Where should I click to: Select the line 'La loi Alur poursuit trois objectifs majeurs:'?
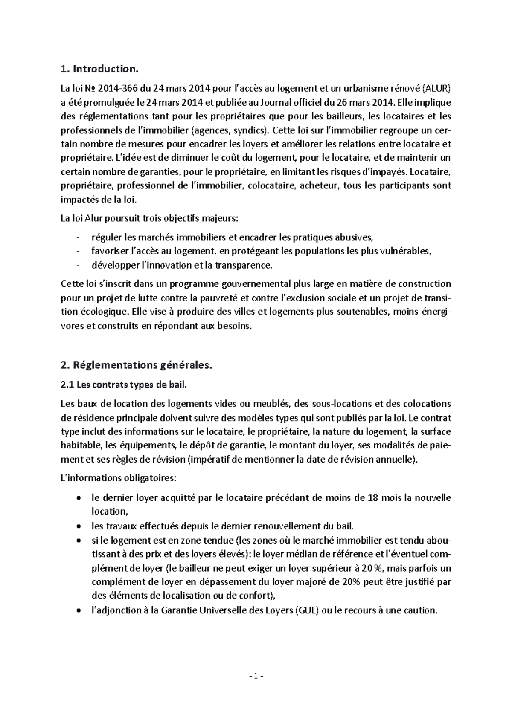point(150,219)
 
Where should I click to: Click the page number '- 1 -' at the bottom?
point(256,677)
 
